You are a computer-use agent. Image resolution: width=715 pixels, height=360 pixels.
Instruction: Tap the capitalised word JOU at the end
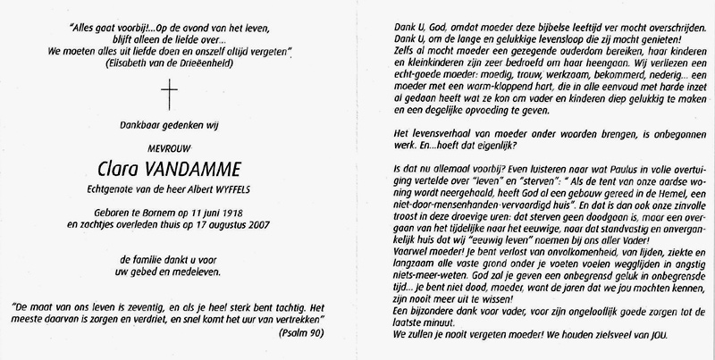[x=660, y=336]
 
